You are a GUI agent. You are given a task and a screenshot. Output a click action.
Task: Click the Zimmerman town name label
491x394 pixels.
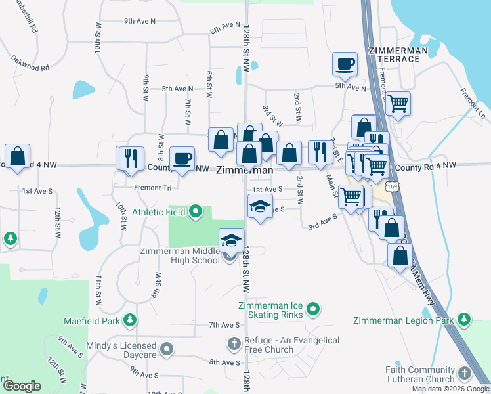[x=244, y=170]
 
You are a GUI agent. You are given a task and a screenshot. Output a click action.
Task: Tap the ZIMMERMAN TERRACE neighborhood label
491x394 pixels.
[x=394, y=55]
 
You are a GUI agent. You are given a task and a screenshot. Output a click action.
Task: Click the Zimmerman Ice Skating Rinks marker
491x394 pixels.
[x=314, y=307]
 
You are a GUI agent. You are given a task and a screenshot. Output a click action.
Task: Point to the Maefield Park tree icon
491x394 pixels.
[x=131, y=320]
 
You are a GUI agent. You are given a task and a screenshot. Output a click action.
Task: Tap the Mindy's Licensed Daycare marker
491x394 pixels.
[x=167, y=349]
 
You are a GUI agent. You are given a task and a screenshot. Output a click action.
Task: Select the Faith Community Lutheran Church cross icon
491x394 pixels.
[x=464, y=373]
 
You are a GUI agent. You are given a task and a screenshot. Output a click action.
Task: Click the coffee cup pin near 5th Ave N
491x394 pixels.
[x=345, y=64]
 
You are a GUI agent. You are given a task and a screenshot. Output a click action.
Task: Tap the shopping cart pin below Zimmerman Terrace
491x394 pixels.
[x=398, y=102]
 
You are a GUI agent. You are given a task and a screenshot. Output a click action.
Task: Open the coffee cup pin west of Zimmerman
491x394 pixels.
[x=182, y=158]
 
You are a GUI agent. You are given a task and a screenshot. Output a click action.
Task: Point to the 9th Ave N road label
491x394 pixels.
[x=140, y=21]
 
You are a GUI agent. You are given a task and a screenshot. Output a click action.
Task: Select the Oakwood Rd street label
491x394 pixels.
[x=30, y=64]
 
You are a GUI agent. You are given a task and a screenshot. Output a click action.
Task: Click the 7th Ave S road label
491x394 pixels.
[x=224, y=325]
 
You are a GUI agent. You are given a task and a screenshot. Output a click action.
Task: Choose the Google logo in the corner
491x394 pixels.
[x=22, y=386]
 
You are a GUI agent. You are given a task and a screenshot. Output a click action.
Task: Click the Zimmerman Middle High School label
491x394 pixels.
[x=180, y=255]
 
